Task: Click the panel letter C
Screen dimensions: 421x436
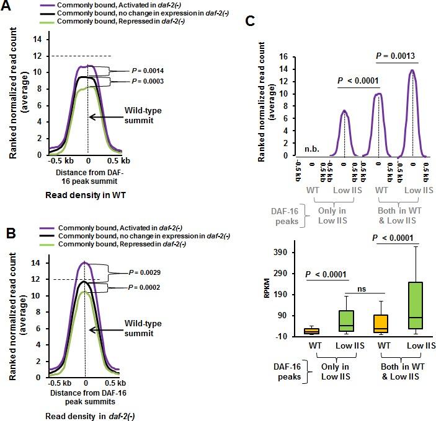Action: coord(250,20)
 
